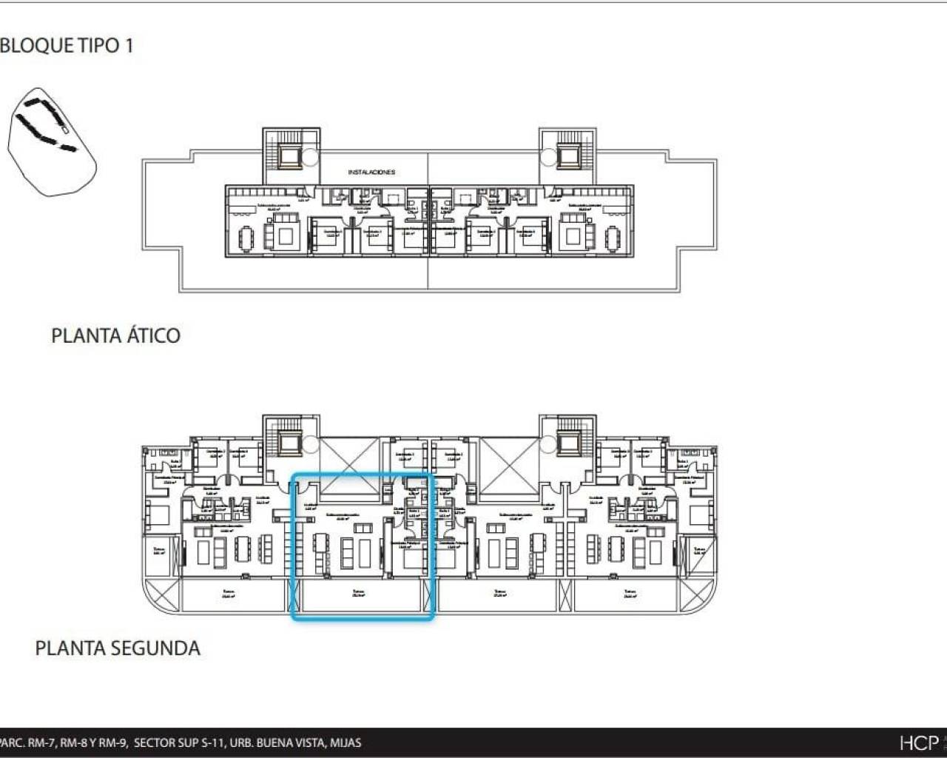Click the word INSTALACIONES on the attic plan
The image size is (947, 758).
click(x=371, y=172)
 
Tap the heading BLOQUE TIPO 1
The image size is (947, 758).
click(x=67, y=46)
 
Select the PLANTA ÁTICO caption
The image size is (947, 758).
click(x=115, y=335)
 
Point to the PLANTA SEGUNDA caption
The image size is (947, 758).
click(x=118, y=648)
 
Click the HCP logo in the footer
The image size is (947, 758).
click(x=918, y=742)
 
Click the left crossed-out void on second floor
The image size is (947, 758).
click(x=350, y=465)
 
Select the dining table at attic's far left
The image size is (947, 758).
click(x=245, y=238)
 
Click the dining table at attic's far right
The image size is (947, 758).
click(x=613, y=238)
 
